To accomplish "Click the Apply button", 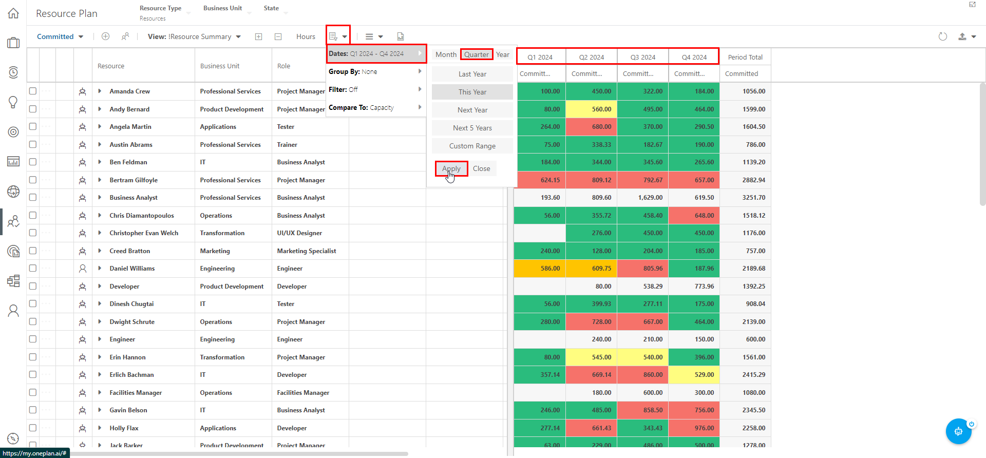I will click(x=451, y=168).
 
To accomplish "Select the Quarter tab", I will click(x=476, y=54).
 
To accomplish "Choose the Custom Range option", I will click(x=472, y=146).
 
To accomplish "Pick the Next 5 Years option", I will click(x=472, y=128).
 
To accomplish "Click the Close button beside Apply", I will click(x=481, y=168).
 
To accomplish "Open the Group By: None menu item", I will click(x=375, y=71).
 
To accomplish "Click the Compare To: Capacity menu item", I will click(x=375, y=107).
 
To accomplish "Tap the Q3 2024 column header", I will click(x=642, y=57).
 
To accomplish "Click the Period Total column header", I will click(x=745, y=57).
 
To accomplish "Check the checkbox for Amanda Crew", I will click(x=33, y=91).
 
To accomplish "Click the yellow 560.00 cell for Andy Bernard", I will click(x=592, y=109).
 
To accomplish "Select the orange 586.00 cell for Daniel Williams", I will click(x=540, y=269).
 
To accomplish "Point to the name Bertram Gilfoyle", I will click(x=134, y=180).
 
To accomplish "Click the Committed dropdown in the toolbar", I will click(x=60, y=36).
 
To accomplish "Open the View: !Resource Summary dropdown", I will click(x=194, y=36).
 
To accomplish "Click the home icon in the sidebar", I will click(x=13, y=13).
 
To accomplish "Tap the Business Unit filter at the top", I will click(x=222, y=8).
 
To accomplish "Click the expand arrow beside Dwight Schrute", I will click(x=100, y=322).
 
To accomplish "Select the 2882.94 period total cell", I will click(x=746, y=180).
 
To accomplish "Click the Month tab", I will click(x=446, y=54).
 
